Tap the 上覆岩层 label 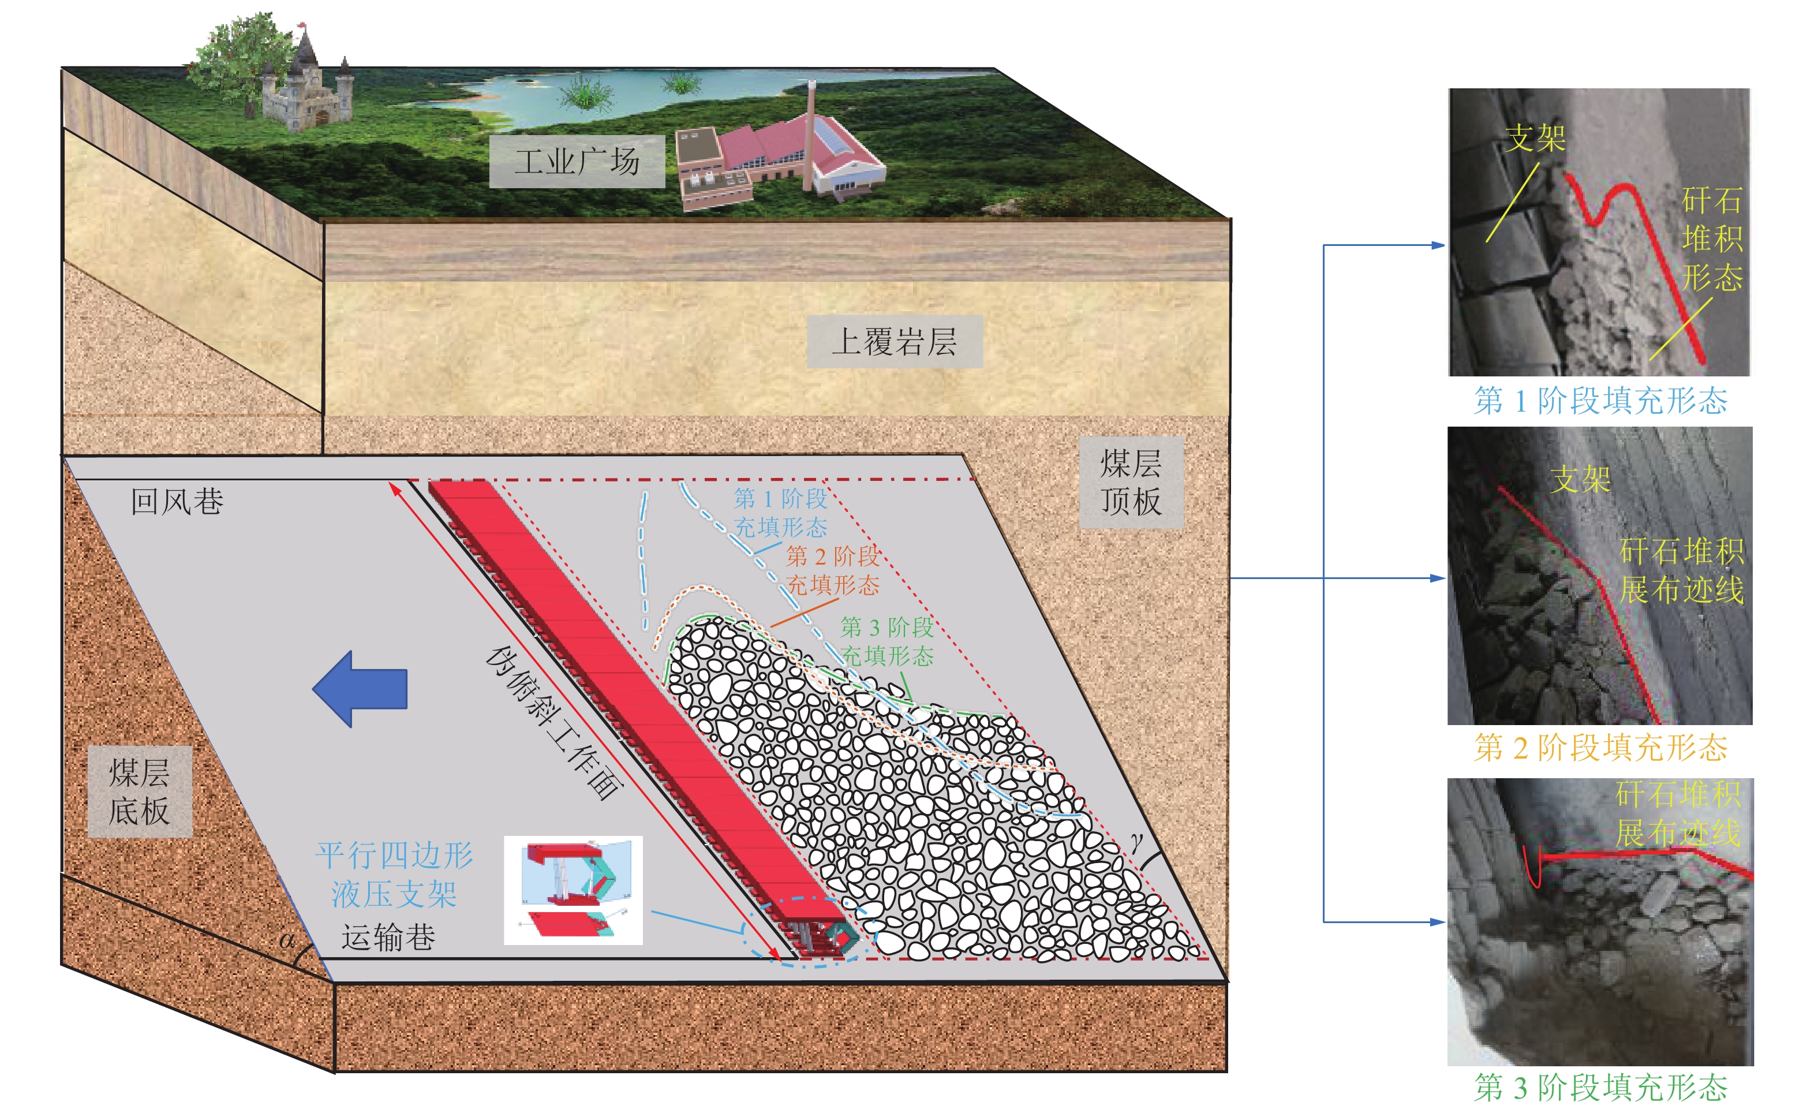[893, 342]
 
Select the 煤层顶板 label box [1131, 482]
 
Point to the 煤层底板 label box [140, 791]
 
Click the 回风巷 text [177, 502]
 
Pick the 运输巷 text [387, 937]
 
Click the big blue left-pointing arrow [361, 688]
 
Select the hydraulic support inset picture [573, 890]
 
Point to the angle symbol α [287, 940]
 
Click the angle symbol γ [1137, 841]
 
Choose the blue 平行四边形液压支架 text [394, 875]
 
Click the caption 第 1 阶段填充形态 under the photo [1600, 401]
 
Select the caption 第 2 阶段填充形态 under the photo [1600, 748]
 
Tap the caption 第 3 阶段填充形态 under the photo [1600, 1087]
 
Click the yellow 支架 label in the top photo [1535, 139]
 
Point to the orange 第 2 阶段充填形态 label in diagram [833, 570]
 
